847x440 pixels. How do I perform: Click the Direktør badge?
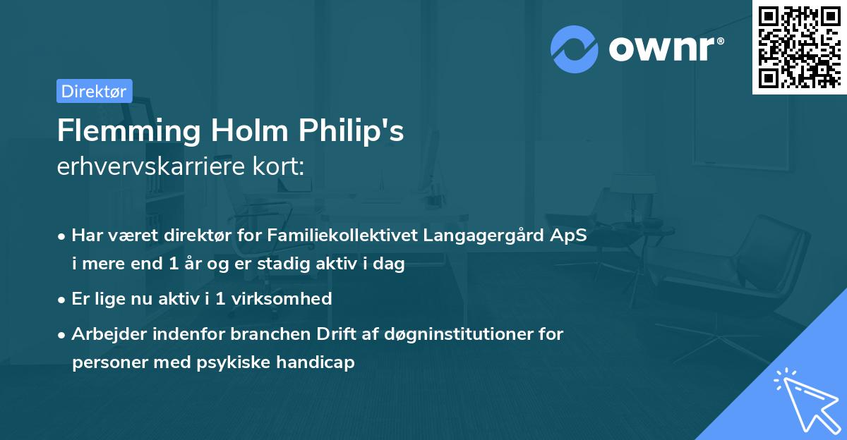tap(94, 91)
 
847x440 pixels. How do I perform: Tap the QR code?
tap(799, 47)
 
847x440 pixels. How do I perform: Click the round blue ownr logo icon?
tap(575, 49)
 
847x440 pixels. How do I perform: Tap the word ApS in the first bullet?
tap(569, 236)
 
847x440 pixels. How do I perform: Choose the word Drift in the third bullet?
tap(325, 334)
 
